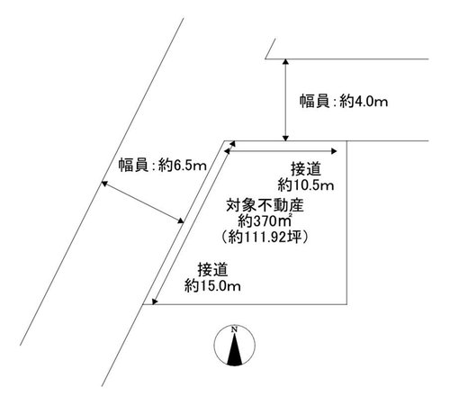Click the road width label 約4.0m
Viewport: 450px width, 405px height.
pos(364,102)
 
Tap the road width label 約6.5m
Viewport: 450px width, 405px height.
pos(183,165)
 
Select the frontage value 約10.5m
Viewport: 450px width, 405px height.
pos(306,185)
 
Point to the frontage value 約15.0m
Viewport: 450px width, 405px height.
pos(212,286)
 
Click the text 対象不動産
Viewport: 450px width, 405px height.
pos(265,206)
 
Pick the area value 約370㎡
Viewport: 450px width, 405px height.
pos(265,221)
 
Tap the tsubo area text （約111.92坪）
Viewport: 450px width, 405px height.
pos(265,238)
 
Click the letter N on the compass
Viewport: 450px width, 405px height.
pos(234,329)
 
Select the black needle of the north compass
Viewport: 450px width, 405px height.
pos(235,349)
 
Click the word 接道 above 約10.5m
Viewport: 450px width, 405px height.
pos(306,169)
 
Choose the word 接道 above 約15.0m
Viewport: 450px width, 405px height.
pos(212,270)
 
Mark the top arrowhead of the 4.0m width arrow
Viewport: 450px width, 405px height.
pos(286,61)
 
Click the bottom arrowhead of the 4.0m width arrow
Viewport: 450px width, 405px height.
pos(286,138)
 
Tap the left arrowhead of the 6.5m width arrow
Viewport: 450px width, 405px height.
pos(104,184)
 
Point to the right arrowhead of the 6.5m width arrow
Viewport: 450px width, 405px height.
pos(181,220)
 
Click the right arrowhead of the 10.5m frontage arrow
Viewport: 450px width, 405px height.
pos(334,151)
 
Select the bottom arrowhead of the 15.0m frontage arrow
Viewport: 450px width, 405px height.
pos(155,301)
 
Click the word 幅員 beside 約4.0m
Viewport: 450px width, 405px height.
pos(314,102)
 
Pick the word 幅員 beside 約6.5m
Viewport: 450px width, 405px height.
pos(133,165)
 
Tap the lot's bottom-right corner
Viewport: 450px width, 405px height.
pos(347,304)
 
